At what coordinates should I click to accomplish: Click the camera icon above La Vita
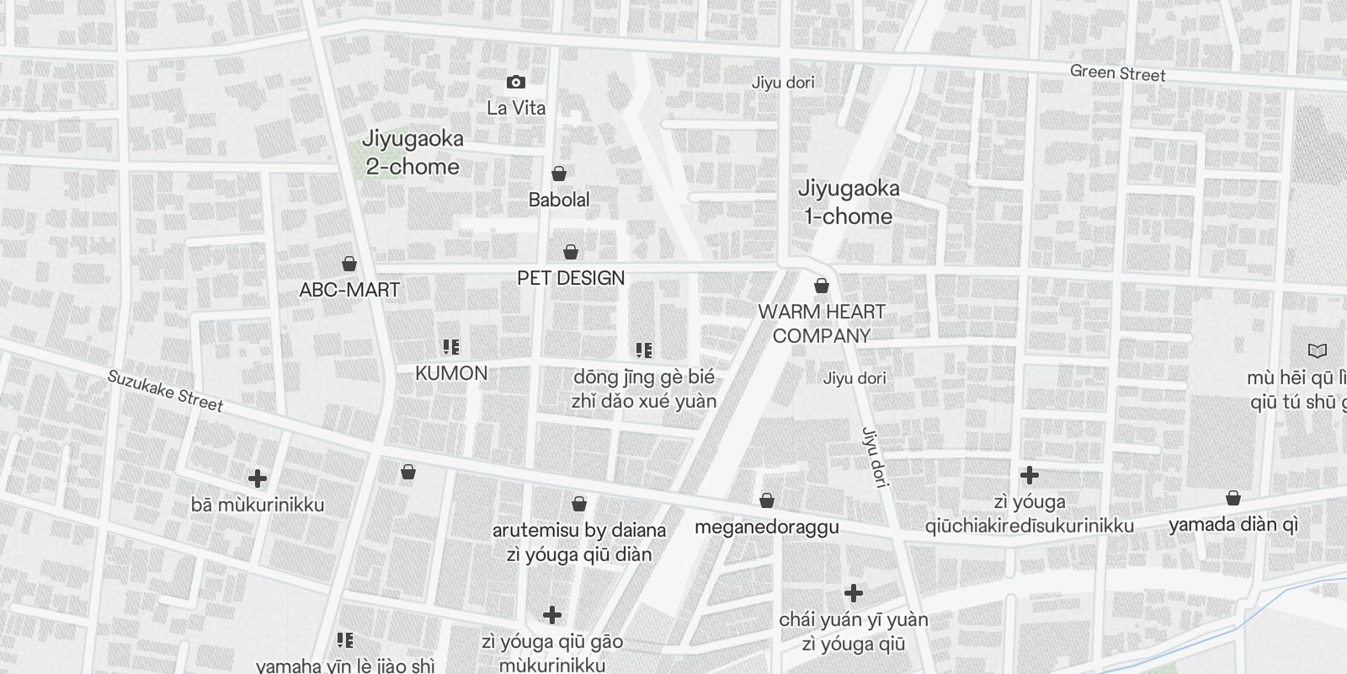tap(516, 82)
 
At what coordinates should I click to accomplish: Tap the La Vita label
tap(516, 108)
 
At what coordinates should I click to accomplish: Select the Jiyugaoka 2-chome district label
tap(413, 152)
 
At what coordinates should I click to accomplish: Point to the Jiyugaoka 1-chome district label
tap(848, 202)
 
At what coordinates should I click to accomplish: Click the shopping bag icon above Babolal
tap(559, 174)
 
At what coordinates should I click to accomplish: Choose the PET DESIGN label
tap(571, 278)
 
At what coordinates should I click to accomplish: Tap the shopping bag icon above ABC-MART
tap(349, 264)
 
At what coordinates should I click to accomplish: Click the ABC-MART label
tap(349, 290)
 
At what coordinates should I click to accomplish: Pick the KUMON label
tap(451, 373)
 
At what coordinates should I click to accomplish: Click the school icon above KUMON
tap(451, 347)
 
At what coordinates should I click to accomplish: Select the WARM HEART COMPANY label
tap(822, 324)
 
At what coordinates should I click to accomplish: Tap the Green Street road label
tap(1117, 73)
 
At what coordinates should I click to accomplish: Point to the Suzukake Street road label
tap(165, 391)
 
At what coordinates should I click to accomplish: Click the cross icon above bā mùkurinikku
tap(258, 479)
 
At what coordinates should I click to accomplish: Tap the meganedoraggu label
tap(766, 527)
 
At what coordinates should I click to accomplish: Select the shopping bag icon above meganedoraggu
tap(767, 501)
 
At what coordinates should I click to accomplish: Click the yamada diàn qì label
tap(1233, 525)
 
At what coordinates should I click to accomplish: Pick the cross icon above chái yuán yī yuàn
tap(854, 594)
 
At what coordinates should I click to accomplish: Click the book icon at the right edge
tap(1318, 350)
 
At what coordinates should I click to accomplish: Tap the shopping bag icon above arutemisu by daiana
tap(579, 504)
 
